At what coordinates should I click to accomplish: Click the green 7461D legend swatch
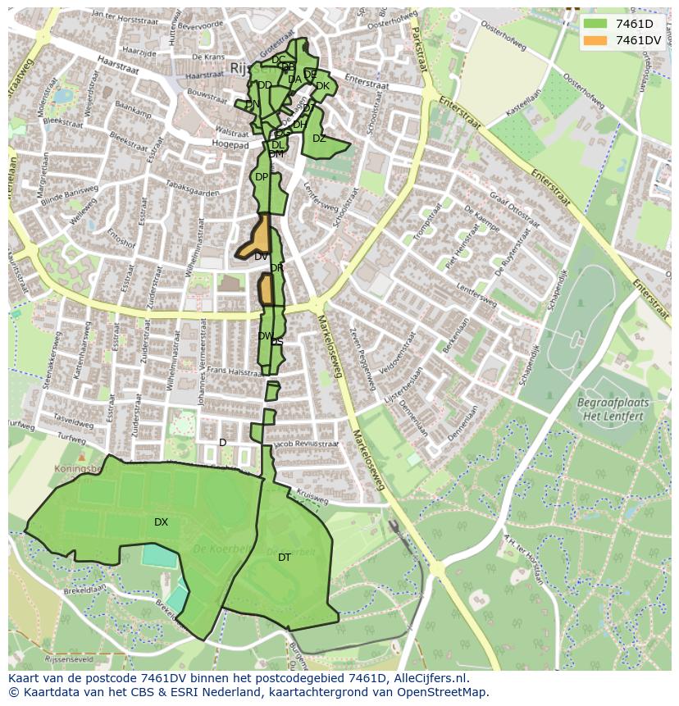pos(595,24)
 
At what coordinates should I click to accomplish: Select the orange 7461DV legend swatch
pos(595,40)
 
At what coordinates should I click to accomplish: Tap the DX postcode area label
pos(161,522)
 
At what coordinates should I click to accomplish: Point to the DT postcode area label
pos(285,558)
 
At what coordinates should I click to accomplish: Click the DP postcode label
pos(261,177)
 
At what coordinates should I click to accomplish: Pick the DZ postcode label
pos(319,139)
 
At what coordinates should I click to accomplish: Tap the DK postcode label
pos(322,86)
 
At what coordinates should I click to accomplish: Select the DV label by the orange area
pos(261,257)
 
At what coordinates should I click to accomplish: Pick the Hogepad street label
pos(230,144)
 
